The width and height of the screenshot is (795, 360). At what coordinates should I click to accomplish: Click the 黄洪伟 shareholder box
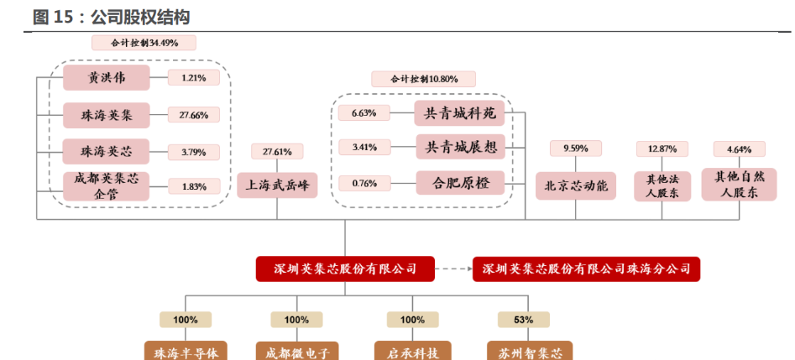106,78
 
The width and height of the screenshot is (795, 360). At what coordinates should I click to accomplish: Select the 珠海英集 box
106,114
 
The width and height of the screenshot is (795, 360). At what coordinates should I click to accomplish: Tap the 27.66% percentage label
193,115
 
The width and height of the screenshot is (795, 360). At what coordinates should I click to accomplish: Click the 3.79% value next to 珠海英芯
193,152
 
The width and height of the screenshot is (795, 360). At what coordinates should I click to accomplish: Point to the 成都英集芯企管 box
106,185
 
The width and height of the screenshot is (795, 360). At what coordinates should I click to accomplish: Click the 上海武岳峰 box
277,185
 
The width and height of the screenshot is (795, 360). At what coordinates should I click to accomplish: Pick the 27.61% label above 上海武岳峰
277,152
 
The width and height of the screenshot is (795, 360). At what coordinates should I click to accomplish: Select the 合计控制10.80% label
424,79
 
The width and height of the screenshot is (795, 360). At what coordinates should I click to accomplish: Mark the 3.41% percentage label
364,148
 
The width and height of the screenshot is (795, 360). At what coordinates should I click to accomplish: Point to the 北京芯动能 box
575,185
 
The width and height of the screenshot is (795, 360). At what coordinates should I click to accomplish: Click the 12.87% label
662,149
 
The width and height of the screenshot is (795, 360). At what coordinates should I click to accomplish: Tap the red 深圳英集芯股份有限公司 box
345,269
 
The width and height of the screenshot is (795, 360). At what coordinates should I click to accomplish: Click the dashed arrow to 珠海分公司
454,269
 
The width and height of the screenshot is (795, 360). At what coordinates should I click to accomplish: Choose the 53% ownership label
524,320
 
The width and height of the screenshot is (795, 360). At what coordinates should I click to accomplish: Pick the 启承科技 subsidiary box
412,351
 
